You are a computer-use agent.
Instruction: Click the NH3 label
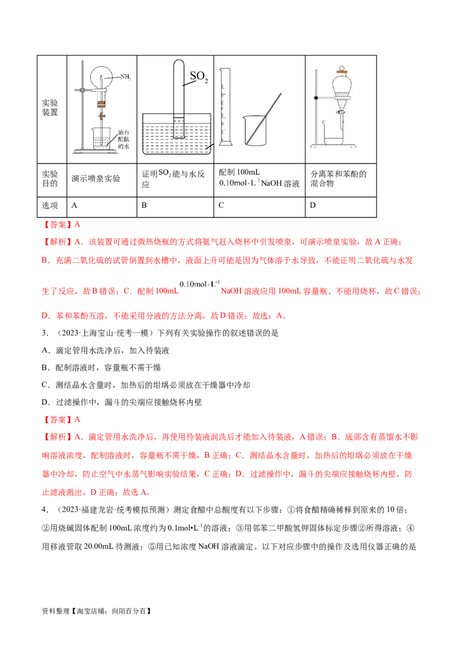click(126, 77)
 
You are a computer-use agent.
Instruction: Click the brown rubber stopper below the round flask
click(102, 104)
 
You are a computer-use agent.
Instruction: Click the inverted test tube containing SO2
click(178, 101)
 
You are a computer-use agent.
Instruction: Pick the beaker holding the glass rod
click(254, 132)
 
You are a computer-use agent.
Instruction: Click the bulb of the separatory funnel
click(343, 87)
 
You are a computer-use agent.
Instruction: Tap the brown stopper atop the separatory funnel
click(342, 70)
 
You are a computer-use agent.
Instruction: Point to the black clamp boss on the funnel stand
click(317, 99)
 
